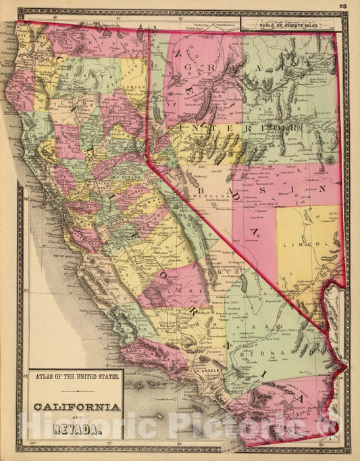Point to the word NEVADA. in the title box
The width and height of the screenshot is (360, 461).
coord(75,428)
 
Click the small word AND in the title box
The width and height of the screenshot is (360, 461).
coord(74,418)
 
